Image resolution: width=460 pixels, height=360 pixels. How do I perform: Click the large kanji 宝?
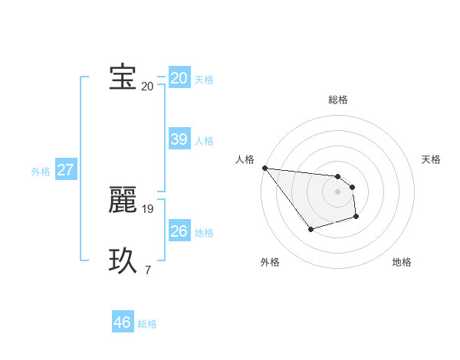123,77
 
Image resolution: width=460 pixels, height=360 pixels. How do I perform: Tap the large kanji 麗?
123,200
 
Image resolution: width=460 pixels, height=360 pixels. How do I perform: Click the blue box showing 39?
179,139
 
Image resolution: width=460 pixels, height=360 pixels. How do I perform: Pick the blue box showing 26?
179,231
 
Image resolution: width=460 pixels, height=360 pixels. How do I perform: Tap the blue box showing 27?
65,170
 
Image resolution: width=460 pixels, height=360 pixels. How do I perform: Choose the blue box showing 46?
123,322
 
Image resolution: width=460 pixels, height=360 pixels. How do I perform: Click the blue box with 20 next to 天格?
179,78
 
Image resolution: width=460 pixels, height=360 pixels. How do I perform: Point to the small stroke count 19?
148,208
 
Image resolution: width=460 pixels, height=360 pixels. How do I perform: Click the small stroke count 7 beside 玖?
147,270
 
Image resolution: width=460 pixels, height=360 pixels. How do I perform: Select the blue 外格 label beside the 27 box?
41,172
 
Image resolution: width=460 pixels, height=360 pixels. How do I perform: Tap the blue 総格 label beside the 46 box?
147,324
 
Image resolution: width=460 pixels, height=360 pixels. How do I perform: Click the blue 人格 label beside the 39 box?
204,141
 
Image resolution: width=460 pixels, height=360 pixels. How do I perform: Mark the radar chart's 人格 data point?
264,168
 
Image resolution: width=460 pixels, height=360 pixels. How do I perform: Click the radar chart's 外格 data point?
310,229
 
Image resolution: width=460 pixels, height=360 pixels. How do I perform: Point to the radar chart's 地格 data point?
356,217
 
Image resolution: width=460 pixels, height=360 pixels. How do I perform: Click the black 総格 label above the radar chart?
337,100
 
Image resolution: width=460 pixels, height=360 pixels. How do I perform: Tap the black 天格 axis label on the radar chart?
431,159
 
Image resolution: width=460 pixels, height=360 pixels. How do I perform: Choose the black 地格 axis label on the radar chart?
402,262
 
